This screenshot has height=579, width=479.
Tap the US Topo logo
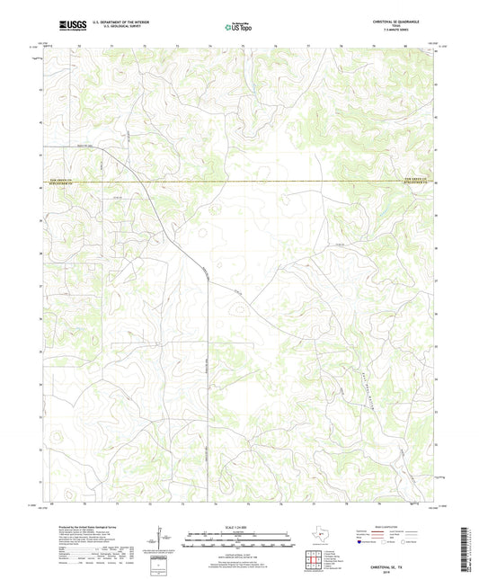tap(239, 27)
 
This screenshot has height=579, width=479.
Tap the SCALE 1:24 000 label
tap(239, 526)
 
